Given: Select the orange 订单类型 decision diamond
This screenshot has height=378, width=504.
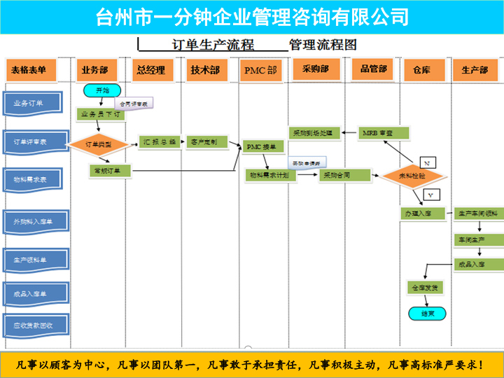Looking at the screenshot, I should coord(99,143).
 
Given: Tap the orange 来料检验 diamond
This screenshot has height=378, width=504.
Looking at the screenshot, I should coord(413,176).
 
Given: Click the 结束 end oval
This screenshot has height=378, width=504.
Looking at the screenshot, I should coord(424,314).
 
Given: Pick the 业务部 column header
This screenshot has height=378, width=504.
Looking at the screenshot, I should coord(94,70).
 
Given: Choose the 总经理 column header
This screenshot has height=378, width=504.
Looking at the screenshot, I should coord(151,70).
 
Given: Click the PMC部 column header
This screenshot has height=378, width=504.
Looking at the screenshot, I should coord(260,70).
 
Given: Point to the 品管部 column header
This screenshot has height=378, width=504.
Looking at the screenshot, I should coord(373,69).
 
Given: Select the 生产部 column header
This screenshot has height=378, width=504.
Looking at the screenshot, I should coord(475,70).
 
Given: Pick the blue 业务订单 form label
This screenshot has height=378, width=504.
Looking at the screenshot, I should coord(34,103).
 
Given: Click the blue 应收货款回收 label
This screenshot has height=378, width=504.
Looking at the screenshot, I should coord(34,325).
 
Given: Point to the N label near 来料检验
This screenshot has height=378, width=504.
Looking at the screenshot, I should coord(428,164).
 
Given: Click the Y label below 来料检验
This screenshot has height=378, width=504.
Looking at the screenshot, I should coord(431,194).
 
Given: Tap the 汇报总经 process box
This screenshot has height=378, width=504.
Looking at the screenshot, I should coord(160,141).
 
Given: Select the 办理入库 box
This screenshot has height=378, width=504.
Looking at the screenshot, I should coord(424,213).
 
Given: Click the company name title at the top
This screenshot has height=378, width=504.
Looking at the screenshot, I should coord(252,16).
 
